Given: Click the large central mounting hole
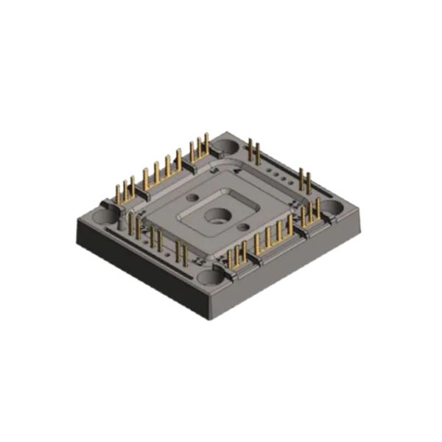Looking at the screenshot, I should click(217, 216).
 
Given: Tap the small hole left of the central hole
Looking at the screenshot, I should click(194, 198).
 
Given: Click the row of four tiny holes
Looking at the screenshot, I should click(277, 172).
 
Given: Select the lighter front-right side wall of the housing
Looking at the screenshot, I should click(295, 269).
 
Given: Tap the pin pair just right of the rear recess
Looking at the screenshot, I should click(254, 151).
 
